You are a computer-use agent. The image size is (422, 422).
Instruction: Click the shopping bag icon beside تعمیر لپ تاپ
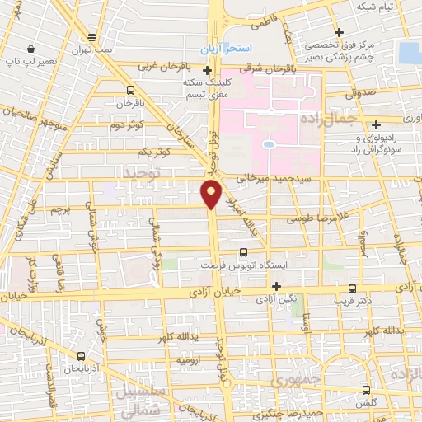tap(31, 49)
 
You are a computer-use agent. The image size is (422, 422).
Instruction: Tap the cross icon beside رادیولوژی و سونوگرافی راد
tap(377, 125)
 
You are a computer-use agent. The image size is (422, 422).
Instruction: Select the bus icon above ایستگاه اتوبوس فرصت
tap(243, 253)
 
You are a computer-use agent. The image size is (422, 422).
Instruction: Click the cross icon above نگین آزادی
tap(276, 286)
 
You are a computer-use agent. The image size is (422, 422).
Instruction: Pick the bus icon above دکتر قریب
tap(352, 288)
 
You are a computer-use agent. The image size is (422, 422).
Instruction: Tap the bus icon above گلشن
tap(365, 390)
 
